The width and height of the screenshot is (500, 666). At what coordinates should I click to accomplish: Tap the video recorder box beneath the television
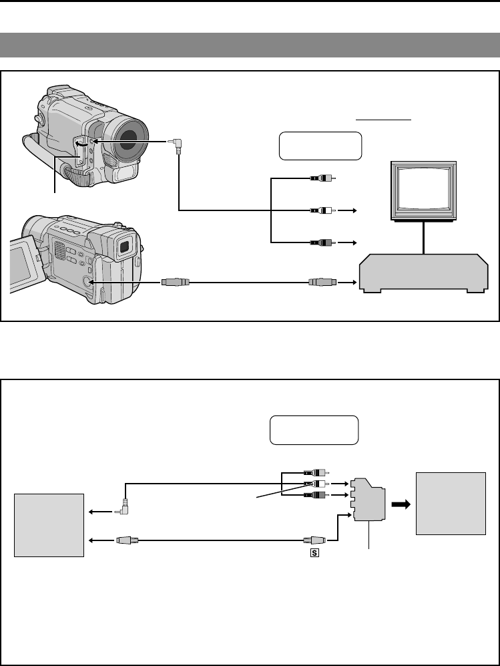coord(423,273)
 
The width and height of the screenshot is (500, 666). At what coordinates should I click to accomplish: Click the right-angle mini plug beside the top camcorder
coord(176,144)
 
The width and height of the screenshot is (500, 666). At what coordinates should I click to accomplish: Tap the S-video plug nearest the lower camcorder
coord(176,283)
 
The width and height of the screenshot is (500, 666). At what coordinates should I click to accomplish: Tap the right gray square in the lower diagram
coord(451,503)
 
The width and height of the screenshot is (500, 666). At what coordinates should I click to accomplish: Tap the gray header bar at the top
coord(250,45)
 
